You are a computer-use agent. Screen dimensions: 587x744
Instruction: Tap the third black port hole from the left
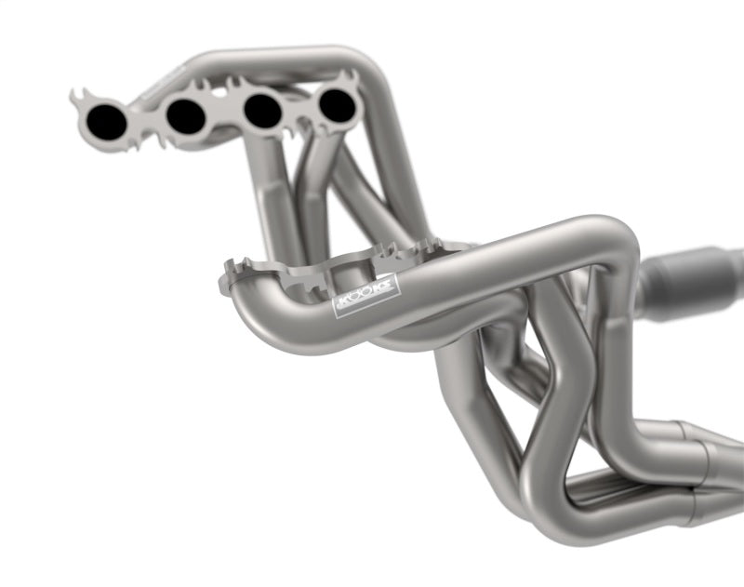click(262, 110)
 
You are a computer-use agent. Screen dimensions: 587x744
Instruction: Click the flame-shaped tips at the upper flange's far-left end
click(80, 97)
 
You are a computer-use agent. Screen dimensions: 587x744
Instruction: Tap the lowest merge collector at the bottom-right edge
click(716, 502)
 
